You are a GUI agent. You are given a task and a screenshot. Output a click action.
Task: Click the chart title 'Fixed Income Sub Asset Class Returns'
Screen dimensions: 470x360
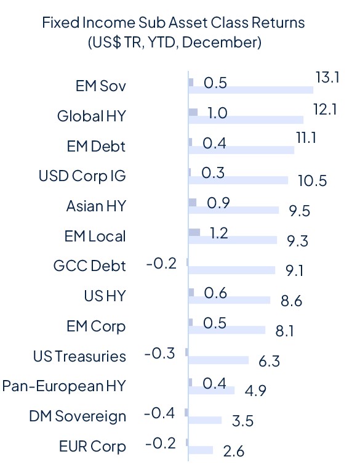coord(173,23)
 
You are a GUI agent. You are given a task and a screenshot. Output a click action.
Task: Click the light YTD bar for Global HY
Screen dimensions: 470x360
coord(246,120)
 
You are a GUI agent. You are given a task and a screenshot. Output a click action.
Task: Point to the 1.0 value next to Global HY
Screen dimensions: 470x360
coord(217,113)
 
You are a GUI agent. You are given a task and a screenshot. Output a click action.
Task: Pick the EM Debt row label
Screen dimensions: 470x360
coord(95,146)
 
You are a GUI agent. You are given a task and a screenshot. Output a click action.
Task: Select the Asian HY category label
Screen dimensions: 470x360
coord(95,206)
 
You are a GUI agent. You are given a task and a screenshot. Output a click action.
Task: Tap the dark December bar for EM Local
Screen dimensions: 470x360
coord(194,232)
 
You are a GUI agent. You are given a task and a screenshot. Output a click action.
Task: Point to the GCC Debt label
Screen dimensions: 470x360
coord(90,266)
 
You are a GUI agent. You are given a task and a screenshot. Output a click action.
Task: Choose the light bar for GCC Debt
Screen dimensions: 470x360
coord(231,270)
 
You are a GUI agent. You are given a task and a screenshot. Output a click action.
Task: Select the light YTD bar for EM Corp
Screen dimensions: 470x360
coord(226,330)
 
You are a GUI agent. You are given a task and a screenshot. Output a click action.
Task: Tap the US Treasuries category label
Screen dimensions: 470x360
coord(79,356)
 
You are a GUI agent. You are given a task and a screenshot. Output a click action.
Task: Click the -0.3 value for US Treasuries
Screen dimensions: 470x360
coord(160,354)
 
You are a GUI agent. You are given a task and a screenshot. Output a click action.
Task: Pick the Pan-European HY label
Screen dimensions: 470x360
coord(64,386)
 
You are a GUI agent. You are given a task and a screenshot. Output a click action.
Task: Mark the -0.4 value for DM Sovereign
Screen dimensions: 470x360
coord(160,413)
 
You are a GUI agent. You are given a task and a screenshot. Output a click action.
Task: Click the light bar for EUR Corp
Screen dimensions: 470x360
coord(201,450)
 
